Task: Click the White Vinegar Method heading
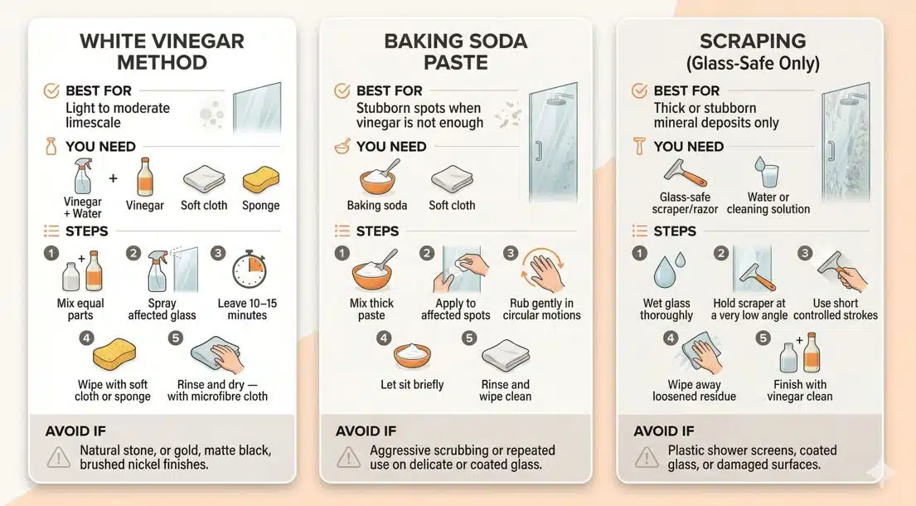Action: click(162, 51)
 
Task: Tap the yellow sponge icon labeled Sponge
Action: click(260, 180)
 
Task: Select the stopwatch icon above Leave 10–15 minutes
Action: click(248, 271)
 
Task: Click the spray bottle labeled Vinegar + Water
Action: click(83, 176)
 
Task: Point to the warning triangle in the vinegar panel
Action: click(58, 455)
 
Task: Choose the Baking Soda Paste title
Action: click(456, 51)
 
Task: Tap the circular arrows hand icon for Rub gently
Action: click(541, 271)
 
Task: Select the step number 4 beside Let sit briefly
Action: click(383, 338)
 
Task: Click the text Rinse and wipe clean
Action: click(505, 391)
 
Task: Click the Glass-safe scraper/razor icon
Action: click(685, 173)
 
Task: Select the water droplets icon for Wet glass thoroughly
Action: click(666, 271)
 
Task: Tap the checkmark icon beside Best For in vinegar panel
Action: click(51, 90)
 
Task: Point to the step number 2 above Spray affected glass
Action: click(132, 253)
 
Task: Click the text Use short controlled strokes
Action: click(836, 309)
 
